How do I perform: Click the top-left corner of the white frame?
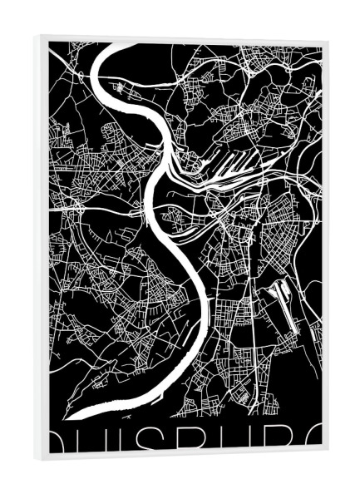[37, 36]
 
